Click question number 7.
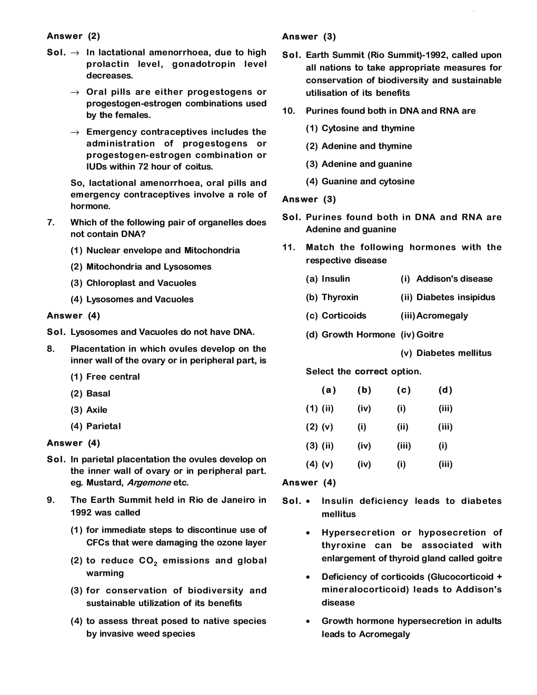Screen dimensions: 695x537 (51, 222)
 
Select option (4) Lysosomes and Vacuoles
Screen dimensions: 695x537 (132, 299)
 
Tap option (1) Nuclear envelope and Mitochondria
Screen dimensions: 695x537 (155, 250)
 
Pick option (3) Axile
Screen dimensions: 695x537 (88, 410)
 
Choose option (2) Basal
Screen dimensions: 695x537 (90, 393)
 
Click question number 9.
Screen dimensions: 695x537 (51, 500)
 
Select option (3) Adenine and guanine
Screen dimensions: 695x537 (359, 164)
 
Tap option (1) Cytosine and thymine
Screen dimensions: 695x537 (360, 128)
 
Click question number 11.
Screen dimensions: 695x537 (288, 247)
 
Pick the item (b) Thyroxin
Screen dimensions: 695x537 (332, 297)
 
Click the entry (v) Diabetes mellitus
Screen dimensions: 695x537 (445, 353)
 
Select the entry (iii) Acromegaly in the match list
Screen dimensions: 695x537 (434, 315)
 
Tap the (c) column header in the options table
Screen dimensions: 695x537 (403, 390)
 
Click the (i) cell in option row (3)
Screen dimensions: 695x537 (443, 445)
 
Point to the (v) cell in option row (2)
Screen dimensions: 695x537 (327, 427)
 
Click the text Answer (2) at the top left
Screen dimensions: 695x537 (73, 36)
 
